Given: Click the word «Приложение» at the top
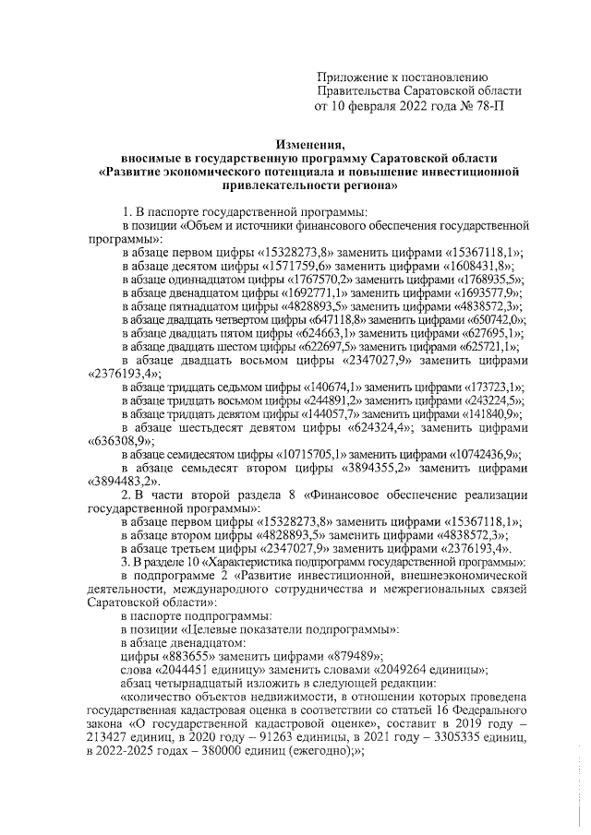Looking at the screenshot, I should click(352, 76).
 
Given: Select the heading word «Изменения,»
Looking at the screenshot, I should click(309, 143).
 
